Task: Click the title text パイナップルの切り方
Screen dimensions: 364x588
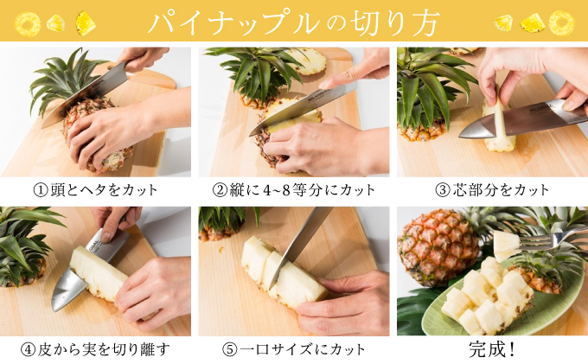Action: click(293, 22)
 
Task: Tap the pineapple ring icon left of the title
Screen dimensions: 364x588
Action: click(28, 23)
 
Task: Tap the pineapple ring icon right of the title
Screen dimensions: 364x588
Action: click(561, 22)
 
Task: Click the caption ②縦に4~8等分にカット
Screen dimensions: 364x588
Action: click(293, 189)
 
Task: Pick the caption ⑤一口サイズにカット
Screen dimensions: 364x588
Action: click(293, 349)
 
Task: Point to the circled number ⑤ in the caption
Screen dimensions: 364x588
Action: click(228, 349)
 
